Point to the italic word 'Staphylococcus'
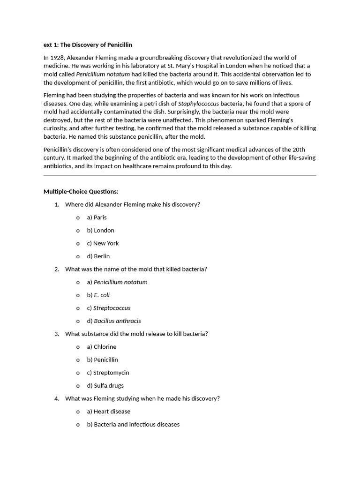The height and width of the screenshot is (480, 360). coord(198,104)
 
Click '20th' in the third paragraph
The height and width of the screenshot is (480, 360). coord(298,150)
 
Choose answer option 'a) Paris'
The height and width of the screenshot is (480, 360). coord(97,217)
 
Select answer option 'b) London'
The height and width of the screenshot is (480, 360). coord(100,231)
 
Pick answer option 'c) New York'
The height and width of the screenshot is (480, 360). coord(103,243)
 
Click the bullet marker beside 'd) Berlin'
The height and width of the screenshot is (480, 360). coord(78,256)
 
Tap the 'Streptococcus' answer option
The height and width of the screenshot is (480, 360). coord(109,308)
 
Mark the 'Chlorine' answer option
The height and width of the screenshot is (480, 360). coord(102,347)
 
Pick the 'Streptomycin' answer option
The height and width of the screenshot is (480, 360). coord(108,373)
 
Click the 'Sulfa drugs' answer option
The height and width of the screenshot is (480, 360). coord(105,386)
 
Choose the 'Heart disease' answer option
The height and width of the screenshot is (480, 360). coord(109,412)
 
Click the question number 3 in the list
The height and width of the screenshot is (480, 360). coord(57,334)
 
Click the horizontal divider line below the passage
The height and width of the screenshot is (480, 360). coord(180,175)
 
